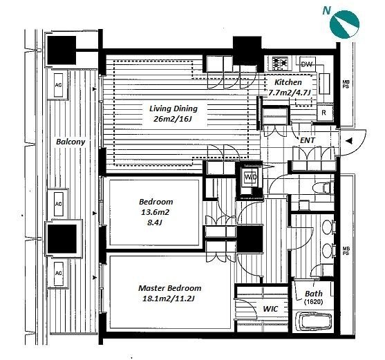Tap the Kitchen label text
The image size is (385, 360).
pos(288,82)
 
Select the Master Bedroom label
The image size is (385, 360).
pos(169,288)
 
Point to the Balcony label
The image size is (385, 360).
pos(71,142)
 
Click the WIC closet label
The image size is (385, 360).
pos(270,309)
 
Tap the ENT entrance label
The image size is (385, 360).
pos(308,140)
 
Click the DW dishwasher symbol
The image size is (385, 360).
pos(307,64)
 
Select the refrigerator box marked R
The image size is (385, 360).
pos(325,113)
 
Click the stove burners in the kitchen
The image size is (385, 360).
pos(280,62)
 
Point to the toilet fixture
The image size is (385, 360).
pos(323,188)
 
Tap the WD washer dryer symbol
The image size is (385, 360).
pos(250,177)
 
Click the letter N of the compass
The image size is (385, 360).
pos(326,10)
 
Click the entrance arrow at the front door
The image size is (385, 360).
pos(349,141)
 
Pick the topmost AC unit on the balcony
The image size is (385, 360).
pos(58,85)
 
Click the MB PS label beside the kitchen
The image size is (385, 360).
pos(346,84)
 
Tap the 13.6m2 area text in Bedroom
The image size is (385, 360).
pos(155,212)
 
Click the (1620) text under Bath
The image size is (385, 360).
pos(314,302)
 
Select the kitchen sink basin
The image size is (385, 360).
pos(324,84)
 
